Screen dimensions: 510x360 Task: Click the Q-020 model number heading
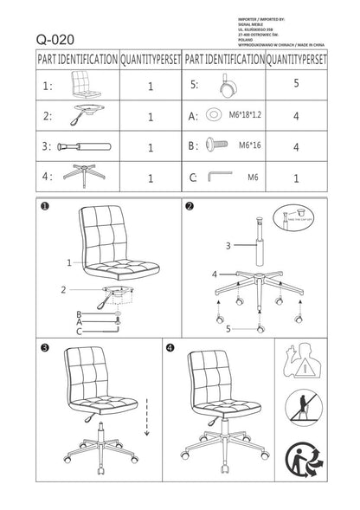tap(55, 39)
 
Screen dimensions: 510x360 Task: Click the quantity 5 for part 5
tap(296, 85)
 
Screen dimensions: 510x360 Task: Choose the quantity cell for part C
tap(296, 178)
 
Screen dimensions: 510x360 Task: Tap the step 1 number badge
tap(42, 206)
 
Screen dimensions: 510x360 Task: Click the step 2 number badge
tap(190, 206)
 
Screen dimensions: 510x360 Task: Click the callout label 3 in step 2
tap(228, 245)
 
